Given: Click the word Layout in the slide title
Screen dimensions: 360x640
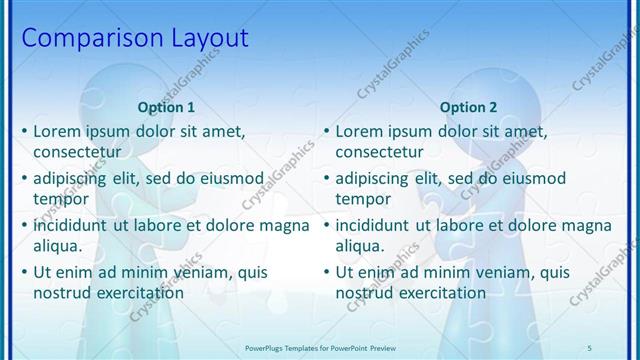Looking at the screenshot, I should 207,39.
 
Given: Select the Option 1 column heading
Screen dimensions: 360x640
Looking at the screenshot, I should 167,107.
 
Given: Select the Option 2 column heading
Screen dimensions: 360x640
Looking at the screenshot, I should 468,107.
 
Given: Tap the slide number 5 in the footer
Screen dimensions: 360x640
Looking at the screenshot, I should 590,346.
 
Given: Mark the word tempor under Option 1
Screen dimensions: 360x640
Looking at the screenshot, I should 61,198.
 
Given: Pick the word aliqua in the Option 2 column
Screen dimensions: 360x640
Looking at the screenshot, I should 360,245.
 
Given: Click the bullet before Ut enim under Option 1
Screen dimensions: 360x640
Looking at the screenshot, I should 24,272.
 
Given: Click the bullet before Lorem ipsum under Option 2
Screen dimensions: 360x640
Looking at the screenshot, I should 326,131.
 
